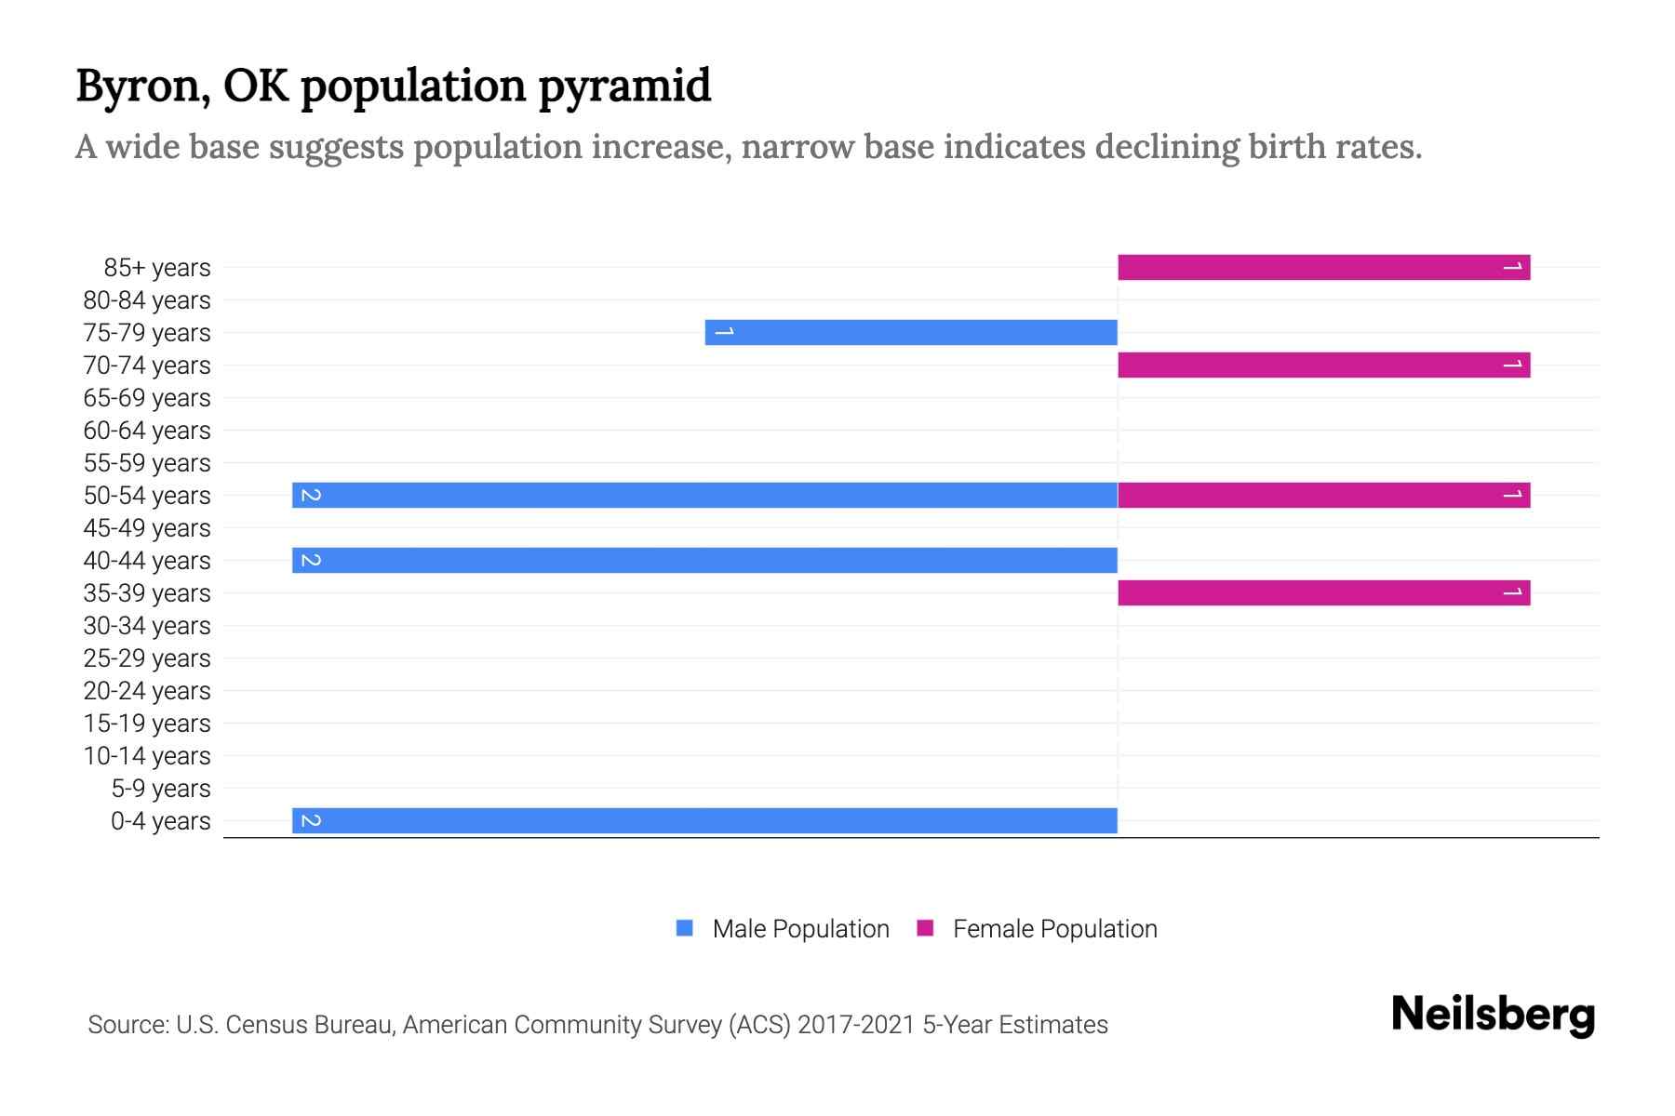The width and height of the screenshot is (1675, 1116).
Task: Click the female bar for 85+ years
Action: point(1323,268)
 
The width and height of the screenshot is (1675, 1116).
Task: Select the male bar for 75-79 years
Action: point(911,333)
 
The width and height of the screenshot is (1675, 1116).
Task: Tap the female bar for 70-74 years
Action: point(1323,365)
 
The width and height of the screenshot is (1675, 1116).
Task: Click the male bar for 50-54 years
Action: point(704,496)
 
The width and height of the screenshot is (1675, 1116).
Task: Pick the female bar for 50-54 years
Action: point(1323,496)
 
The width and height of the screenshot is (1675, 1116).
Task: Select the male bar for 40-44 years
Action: point(704,561)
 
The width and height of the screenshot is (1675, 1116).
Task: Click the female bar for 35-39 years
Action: point(1323,593)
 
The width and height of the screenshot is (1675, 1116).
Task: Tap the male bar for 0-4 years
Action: point(704,821)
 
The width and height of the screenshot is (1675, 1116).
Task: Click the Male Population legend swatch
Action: point(685,928)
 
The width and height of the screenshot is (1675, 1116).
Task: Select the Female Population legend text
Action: point(1054,929)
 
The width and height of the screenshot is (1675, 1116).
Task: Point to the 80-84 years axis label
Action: point(147,300)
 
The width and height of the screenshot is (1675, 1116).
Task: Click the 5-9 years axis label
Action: point(161,789)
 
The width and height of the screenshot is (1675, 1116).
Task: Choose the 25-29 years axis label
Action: point(147,658)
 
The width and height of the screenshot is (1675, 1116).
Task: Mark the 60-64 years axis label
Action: point(147,431)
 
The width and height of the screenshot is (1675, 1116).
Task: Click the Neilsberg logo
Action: point(1493,1015)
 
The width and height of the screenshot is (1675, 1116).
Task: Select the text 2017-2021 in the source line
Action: point(856,1025)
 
